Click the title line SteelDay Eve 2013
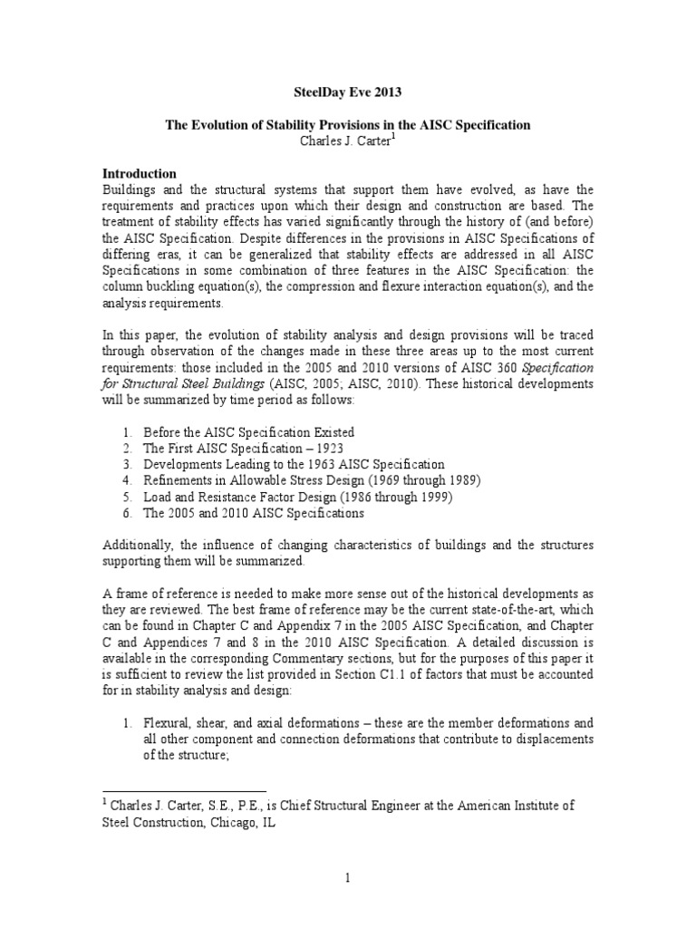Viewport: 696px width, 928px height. [347, 92]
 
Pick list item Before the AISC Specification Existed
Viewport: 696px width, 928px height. [248, 431]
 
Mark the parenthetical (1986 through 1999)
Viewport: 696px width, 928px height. [390, 497]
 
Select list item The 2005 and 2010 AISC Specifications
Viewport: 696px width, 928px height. [253, 513]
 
